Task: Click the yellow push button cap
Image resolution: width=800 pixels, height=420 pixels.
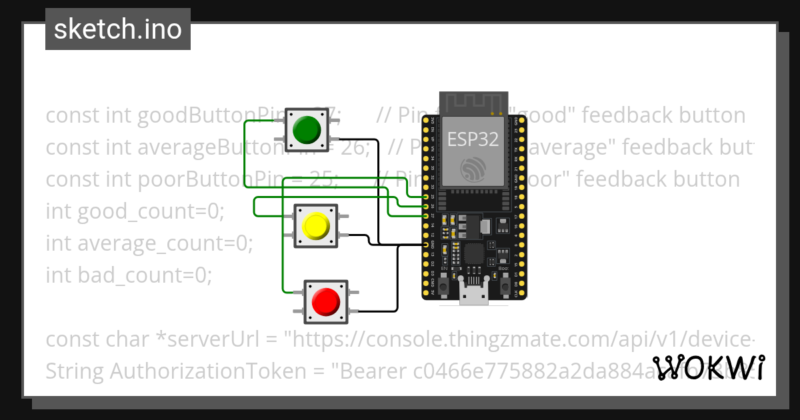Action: point(316,226)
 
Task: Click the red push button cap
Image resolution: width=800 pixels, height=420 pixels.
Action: point(326,301)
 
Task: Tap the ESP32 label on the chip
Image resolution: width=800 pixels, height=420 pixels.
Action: point(473,139)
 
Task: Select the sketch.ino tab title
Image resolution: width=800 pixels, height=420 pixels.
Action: point(118,29)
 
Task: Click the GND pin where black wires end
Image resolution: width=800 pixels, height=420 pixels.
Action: point(426,245)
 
